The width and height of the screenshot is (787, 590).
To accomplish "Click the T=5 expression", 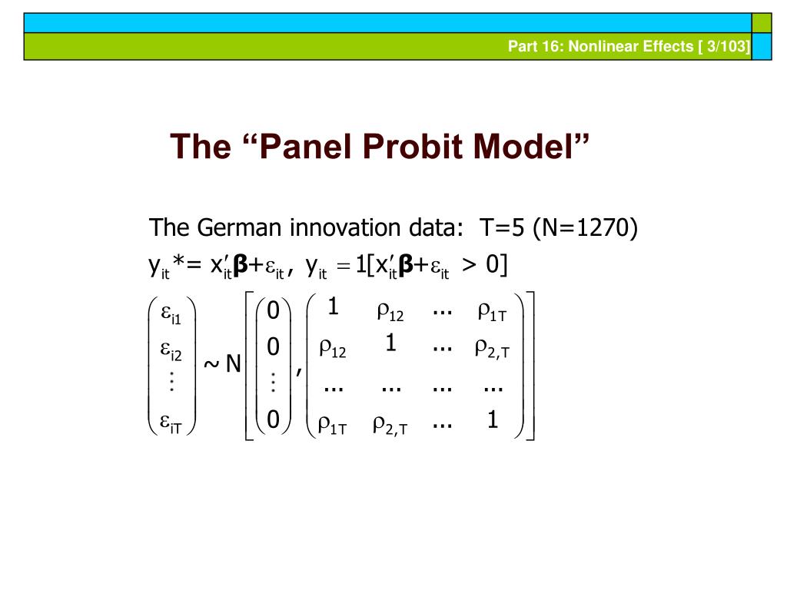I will (x=500, y=228).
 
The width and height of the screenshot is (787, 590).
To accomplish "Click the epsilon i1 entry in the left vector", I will (x=171, y=313).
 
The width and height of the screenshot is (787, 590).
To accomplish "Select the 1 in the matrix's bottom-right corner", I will (x=493, y=420).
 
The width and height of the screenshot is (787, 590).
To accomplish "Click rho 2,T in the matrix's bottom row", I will (x=390, y=425).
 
